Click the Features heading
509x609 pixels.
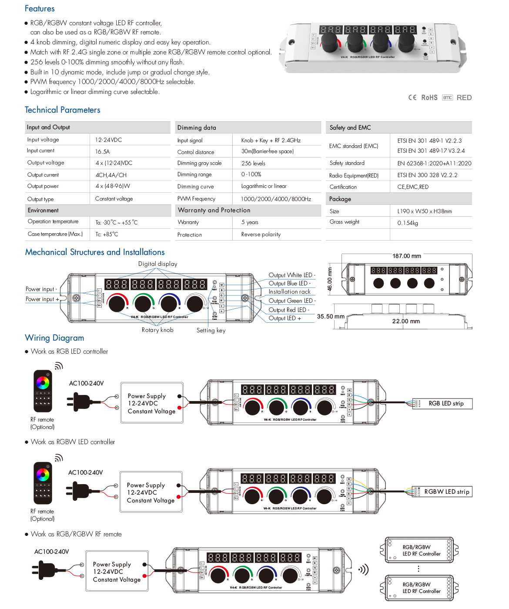[x=40, y=9]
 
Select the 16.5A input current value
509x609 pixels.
[x=103, y=152]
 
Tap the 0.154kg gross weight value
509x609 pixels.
[x=408, y=223]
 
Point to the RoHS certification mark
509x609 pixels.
[x=429, y=98]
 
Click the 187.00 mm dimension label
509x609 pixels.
[x=407, y=256]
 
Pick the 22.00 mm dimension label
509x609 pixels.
[x=406, y=321]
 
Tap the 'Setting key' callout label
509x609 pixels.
[x=211, y=331]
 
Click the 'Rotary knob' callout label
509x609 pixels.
[x=157, y=330]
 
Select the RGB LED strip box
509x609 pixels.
[x=446, y=404]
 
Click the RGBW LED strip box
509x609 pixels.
[x=446, y=492]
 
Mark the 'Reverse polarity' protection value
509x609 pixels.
[x=261, y=234]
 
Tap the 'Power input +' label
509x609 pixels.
[x=42, y=299]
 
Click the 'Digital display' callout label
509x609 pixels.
[x=157, y=264]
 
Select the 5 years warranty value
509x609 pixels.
[x=250, y=222]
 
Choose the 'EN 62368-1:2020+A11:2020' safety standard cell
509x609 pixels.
[x=434, y=164]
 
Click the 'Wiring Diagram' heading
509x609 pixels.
[x=55, y=338]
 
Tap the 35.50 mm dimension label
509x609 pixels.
[x=331, y=317]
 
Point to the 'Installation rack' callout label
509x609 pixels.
[x=289, y=292]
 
